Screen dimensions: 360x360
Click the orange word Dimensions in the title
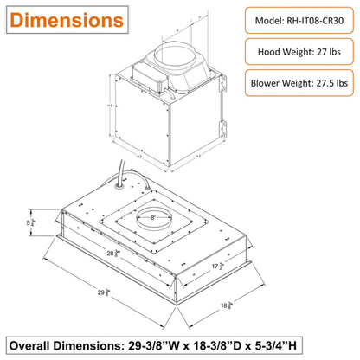67,18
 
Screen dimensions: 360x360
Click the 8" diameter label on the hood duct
154,220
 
